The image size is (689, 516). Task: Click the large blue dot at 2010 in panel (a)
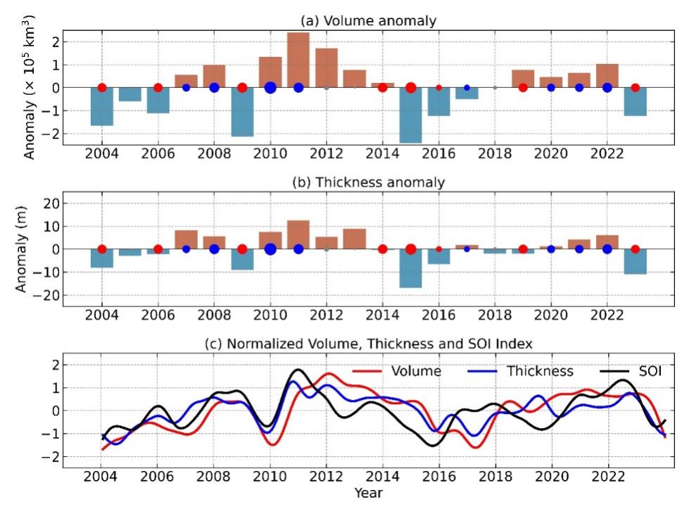[270, 88]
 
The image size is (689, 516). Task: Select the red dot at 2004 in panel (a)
[102, 88]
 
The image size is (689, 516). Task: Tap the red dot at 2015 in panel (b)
[410, 249]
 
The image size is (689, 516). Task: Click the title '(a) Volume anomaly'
[368, 21]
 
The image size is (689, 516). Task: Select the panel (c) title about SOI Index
[368, 344]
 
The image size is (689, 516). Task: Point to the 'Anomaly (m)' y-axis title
[21, 248]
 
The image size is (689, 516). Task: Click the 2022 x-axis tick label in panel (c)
[607, 476]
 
